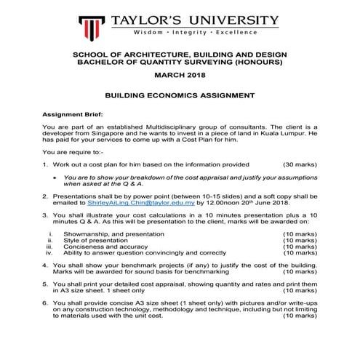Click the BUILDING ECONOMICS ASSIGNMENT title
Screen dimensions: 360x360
point(180,95)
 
